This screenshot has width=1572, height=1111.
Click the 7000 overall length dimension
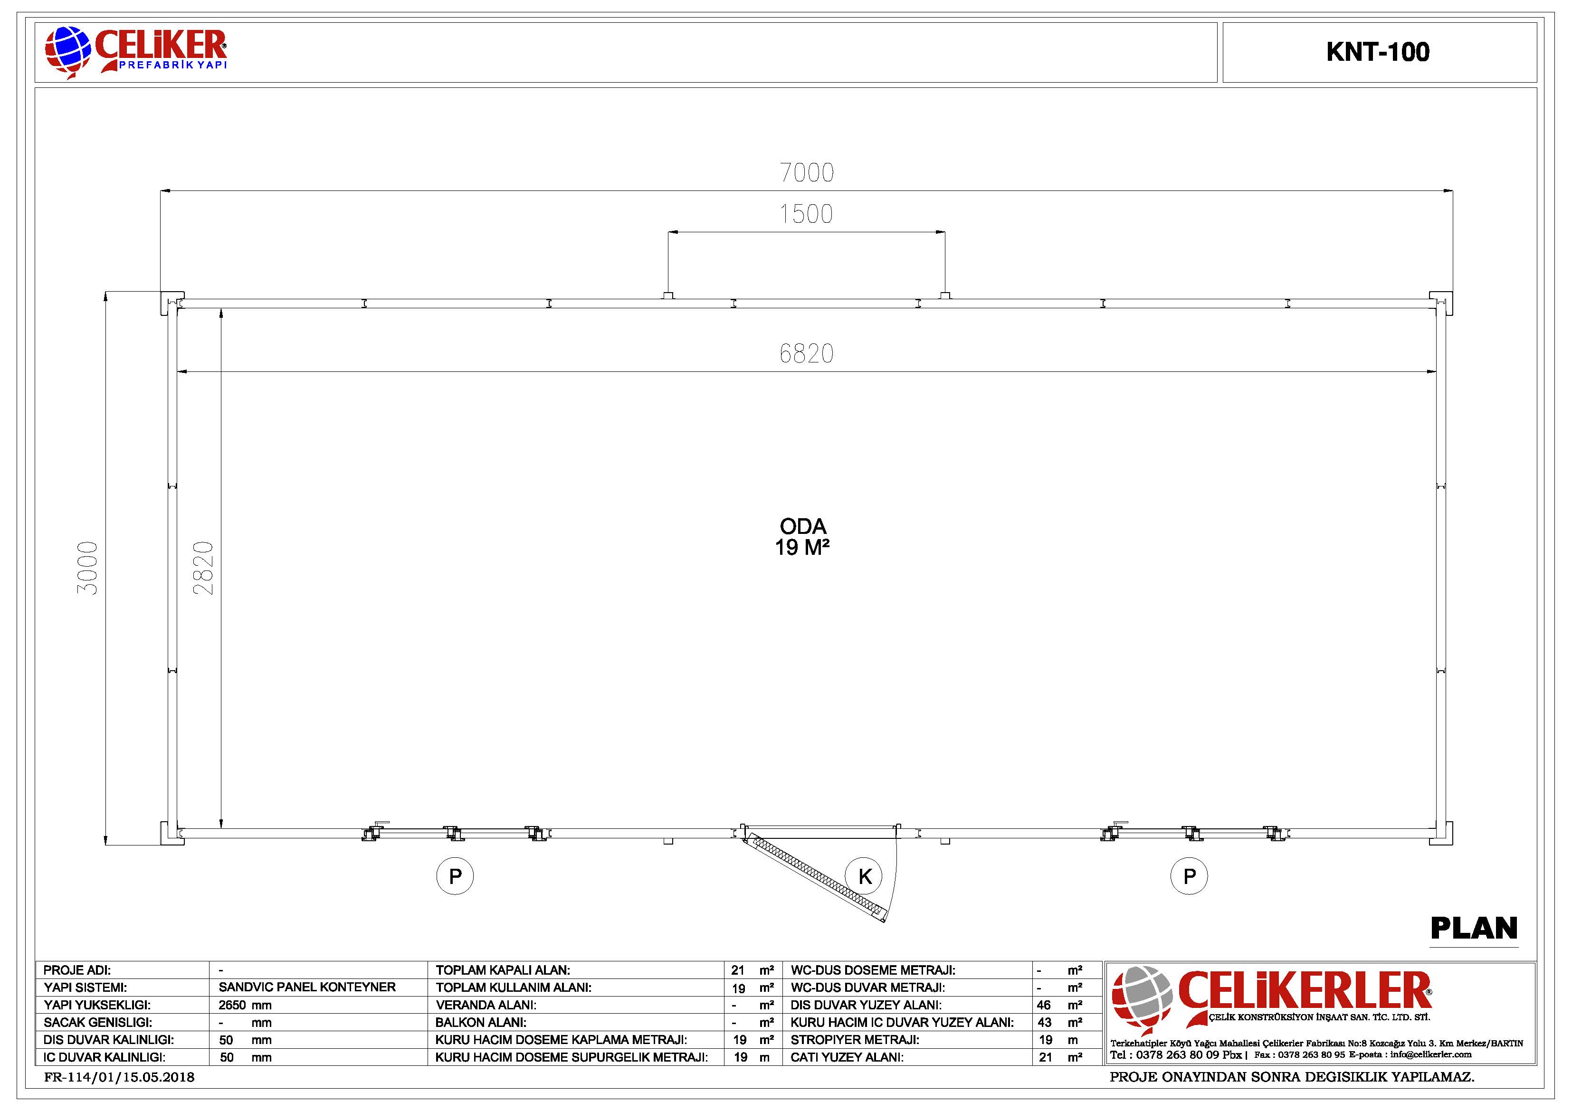[x=807, y=172]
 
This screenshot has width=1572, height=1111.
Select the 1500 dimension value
[x=806, y=214]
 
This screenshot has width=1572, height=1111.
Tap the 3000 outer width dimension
[x=87, y=568]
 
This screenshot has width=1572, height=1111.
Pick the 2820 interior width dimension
[x=203, y=568]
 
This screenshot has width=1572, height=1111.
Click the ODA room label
[x=803, y=526]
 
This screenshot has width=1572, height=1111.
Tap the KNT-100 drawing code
[x=1378, y=52]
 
